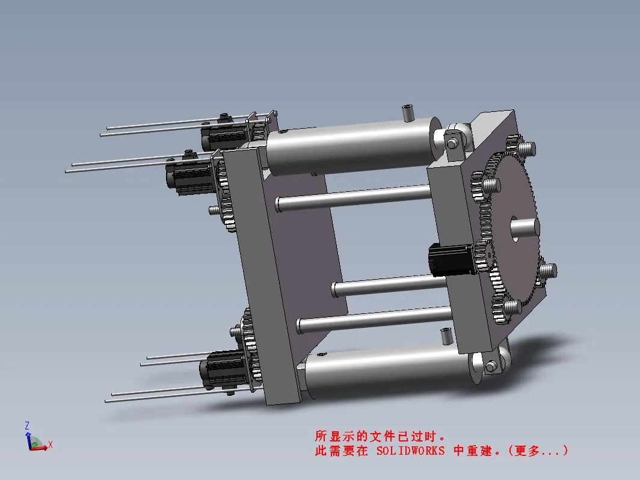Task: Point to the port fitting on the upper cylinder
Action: (x=408, y=112)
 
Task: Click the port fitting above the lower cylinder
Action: (x=447, y=336)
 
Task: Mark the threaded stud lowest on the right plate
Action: (x=511, y=307)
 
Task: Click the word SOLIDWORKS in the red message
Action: (x=410, y=451)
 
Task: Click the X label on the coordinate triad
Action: (x=51, y=445)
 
